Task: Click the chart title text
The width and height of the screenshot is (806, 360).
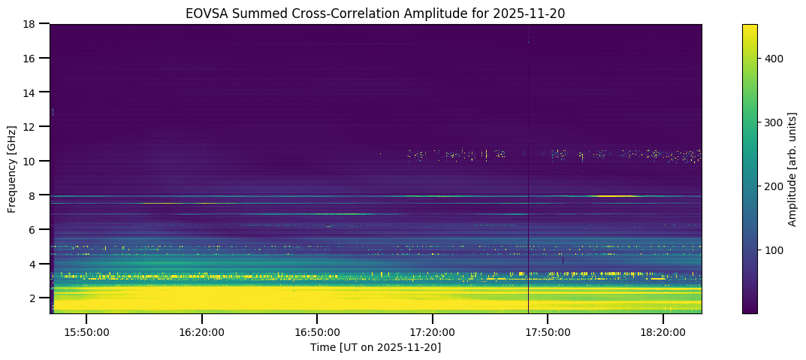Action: [x=375, y=13]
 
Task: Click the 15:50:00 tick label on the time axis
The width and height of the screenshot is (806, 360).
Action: [x=86, y=331]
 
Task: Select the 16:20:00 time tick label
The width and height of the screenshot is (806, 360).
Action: [x=201, y=331]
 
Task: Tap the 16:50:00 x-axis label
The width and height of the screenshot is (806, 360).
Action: [x=317, y=331]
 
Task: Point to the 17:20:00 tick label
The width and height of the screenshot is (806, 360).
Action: [x=432, y=331]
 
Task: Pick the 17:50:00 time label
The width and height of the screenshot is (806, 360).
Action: [x=548, y=331]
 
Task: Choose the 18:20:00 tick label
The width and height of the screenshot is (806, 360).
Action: [x=663, y=331]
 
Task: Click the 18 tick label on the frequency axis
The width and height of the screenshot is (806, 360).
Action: [x=30, y=24]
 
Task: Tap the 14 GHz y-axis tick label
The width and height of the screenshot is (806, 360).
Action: [x=30, y=92]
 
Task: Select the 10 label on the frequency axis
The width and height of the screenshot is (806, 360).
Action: [x=30, y=161]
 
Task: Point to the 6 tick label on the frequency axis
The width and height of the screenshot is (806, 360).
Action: [x=33, y=229]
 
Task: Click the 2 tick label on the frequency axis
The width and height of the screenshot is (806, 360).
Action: [x=33, y=298]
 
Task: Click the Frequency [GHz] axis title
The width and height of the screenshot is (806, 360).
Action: [x=12, y=169]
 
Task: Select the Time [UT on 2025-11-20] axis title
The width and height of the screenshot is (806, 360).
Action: [x=376, y=347]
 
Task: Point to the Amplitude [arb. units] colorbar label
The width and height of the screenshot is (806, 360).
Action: [x=792, y=169]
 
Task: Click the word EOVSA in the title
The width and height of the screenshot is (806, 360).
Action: [x=204, y=13]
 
